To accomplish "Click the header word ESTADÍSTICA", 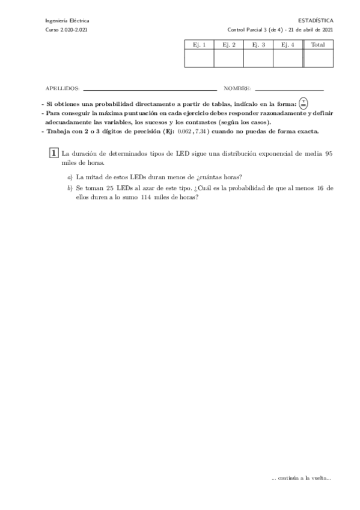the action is pos(319,20).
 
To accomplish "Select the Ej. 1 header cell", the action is pos(200,45).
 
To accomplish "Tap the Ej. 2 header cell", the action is pos(229,45).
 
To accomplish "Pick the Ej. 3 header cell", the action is pos(258,45).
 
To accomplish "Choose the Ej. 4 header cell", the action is pos(288,45).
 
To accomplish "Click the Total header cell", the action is pos(318,45).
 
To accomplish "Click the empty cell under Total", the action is pos(318,58).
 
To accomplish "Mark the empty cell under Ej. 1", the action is pos(200,58).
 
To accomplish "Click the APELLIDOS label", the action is pos(63,88).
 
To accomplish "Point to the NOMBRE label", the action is pos(237,88).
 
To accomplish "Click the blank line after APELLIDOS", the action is pos(150,90).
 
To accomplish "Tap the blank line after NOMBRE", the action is pos(289,90).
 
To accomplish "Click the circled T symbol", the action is pos(304,103).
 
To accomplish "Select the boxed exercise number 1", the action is pos(54,153).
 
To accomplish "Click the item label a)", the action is pos(70,177).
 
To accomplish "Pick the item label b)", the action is pos(70,188).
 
